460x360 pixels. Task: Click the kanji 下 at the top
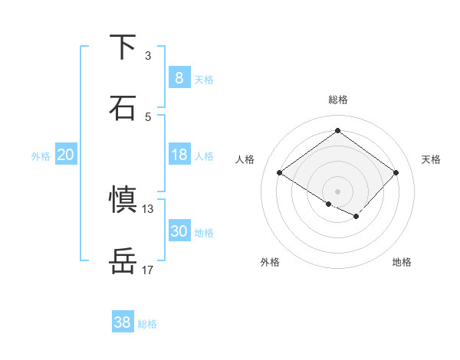click(x=123, y=47)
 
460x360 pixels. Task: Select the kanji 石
click(x=123, y=107)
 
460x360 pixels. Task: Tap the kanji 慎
click(x=123, y=199)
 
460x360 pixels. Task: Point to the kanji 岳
click(x=123, y=260)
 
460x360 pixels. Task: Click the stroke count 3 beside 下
click(x=148, y=56)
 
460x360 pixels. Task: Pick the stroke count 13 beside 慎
click(x=148, y=208)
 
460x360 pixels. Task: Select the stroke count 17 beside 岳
click(x=148, y=270)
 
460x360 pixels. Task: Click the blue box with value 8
click(x=179, y=77)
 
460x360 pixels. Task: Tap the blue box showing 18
click(x=179, y=155)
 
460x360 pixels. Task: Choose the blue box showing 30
click(x=179, y=231)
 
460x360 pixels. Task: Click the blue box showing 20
click(x=66, y=155)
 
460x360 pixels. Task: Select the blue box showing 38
click(x=123, y=322)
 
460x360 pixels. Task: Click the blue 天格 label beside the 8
click(x=204, y=79)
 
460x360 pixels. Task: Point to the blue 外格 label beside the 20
click(x=41, y=156)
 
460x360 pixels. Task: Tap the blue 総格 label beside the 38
click(x=147, y=324)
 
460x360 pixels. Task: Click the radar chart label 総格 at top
click(x=338, y=100)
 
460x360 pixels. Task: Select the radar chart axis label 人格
click(x=245, y=159)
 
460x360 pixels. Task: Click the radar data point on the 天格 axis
click(x=396, y=172)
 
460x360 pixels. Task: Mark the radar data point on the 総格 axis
click(x=338, y=130)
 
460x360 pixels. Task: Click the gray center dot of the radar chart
click(x=338, y=191)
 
